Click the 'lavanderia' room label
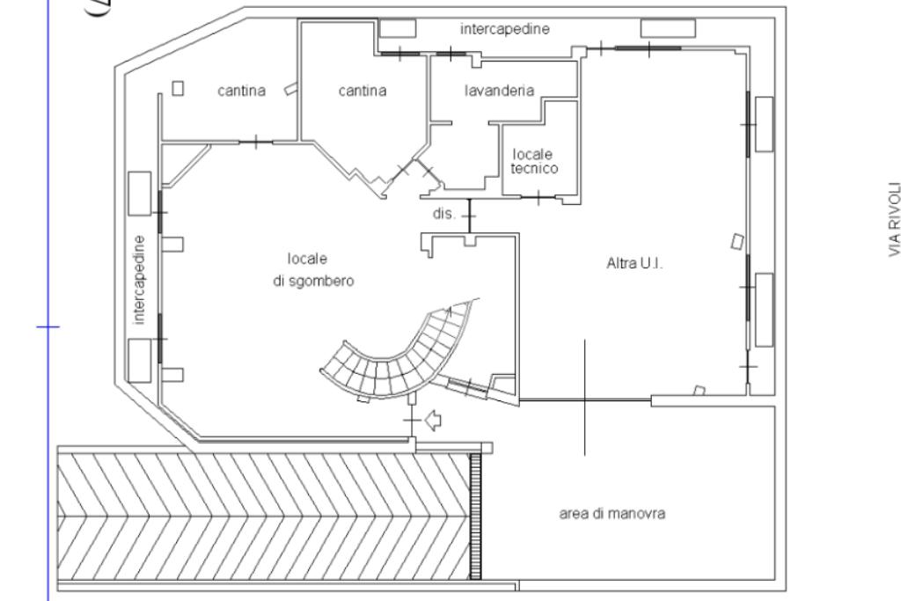[499, 90]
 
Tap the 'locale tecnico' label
[534, 162]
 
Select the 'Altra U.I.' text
[634, 263]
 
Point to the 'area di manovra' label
[612, 515]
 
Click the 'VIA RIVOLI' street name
[892, 220]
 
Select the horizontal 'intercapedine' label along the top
[505, 29]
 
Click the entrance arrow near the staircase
[433, 420]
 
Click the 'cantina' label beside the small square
[241, 90]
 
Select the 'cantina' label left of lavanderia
[363, 90]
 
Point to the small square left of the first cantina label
[178, 88]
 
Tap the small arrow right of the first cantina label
[289, 88]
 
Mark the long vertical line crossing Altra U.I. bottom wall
[584, 396]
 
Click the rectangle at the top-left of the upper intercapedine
[397, 28]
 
